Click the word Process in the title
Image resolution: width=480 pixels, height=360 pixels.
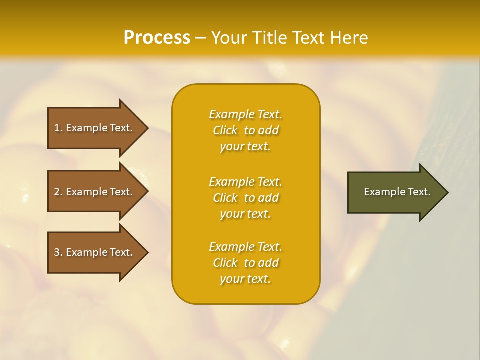pyautogui.click(x=157, y=38)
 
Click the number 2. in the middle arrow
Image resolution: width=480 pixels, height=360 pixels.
pyautogui.click(x=58, y=192)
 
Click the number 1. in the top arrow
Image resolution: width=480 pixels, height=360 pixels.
pyautogui.click(x=58, y=128)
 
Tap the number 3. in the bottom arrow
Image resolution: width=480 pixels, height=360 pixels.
pyautogui.click(x=58, y=252)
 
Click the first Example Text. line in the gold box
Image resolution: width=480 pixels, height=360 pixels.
pyautogui.click(x=245, y=114)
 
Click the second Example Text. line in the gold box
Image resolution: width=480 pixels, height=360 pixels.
pyautogui.click(x=245, y=182)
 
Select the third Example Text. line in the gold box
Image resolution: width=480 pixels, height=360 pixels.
pyautogui.click(x=245, y=247)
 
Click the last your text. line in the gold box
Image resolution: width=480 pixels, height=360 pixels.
pyautogui.click(x=245, y=279)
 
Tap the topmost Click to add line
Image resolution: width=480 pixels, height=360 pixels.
pyautogui.click(x=245, y=130)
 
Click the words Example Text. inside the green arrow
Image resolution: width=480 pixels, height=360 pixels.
pyautogui.click(x=397, y=192)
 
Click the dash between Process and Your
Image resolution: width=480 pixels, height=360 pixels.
pyautogui.click(x=200, y=38)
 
